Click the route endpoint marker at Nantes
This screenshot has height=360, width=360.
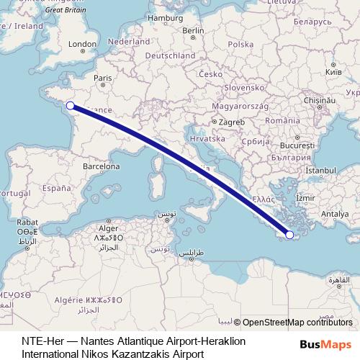(x=70, y=106)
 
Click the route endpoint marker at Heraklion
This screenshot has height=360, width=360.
(x=289, y=234)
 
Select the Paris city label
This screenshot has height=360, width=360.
(x=104, y=78)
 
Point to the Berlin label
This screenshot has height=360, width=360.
(x=194, y=30)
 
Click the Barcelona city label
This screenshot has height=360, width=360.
(x=101, y=166)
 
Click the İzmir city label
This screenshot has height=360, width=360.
(x=305, y=197)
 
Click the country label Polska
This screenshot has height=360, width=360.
(x=240, y=44)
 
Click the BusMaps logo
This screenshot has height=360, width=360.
(x=325, y=344)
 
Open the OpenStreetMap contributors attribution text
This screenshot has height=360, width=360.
(x=297, y=322)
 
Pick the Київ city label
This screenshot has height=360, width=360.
(x=333, y=73)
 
